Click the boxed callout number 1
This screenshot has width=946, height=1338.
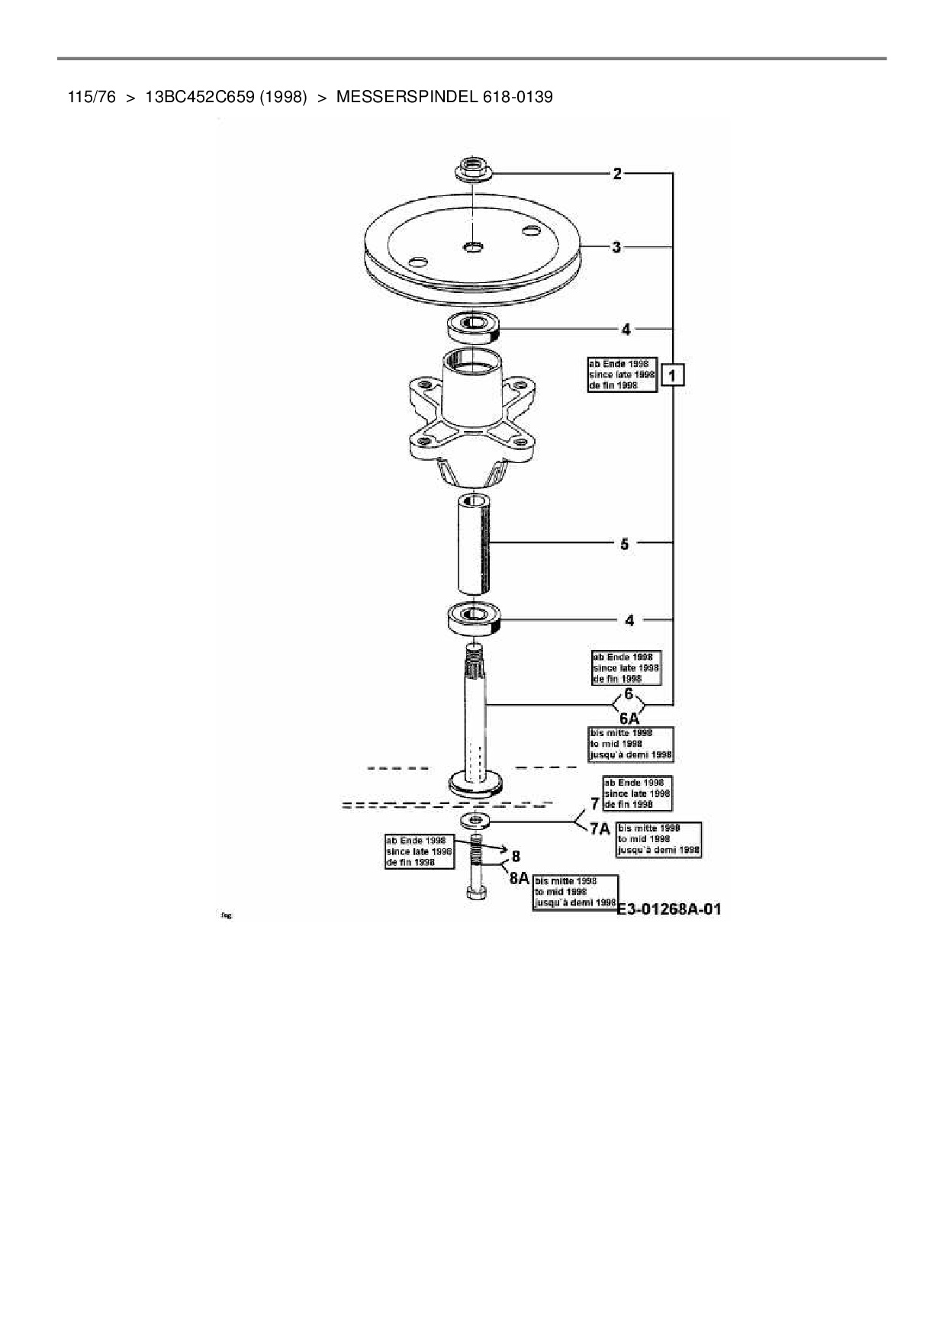672,375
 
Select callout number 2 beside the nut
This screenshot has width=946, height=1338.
617,174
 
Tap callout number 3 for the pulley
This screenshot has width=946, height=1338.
616,247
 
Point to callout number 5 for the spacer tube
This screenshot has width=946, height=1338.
624,544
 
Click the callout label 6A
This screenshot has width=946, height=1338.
629,719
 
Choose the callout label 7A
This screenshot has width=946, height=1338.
600,829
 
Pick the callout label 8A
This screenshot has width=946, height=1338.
519,878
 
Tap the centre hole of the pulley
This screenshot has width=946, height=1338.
474,246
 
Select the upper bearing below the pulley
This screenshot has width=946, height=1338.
473,326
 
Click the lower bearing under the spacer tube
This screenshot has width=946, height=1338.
474,617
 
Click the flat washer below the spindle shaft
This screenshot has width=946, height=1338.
475,821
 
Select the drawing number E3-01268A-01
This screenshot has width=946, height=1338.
668,909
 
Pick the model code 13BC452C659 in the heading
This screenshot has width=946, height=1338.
199,97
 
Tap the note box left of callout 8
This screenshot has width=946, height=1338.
419,851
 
